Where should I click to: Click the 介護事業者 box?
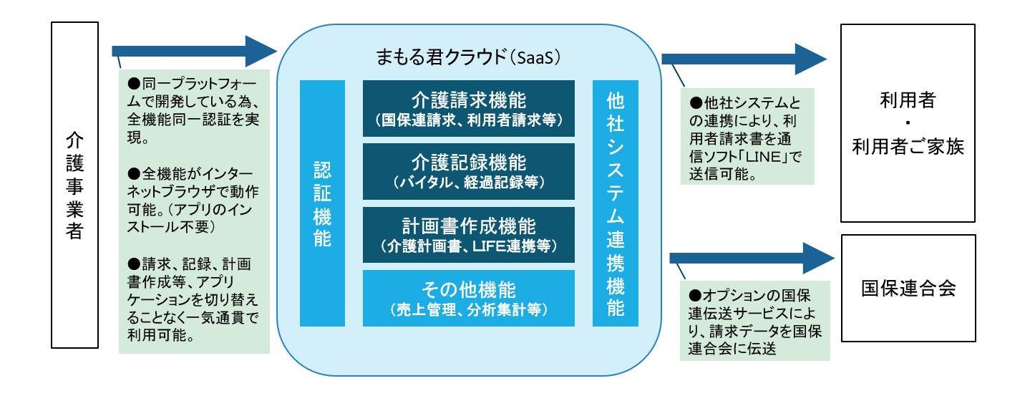pos(74,185)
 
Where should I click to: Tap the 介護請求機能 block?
pos(468,108)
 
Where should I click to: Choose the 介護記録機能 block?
pos(468,171)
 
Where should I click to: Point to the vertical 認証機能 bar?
pos(322,203)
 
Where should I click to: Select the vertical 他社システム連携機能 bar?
pos(615,203)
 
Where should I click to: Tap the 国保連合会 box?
pos(908,289)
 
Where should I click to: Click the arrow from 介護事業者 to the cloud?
pos(193,51)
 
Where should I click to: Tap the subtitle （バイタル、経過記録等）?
pos(468,183)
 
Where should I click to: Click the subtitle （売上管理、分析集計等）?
pos(468,310)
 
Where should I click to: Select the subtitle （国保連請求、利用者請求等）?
pos(468,121)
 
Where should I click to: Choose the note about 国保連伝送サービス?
pos(754,322)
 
